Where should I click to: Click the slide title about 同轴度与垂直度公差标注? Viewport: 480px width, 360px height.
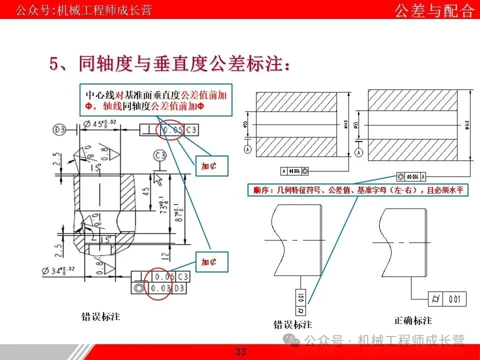coord(170,64)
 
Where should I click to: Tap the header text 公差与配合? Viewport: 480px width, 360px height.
coord(434,10)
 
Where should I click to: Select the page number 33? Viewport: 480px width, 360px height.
coord(240,351)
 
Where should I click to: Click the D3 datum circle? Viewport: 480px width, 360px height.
coord(59,130)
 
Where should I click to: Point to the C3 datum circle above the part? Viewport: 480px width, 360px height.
coord(160,155)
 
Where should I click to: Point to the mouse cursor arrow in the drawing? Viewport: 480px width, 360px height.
coord(159,179)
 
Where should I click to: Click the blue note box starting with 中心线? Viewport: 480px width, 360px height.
coord(156,100)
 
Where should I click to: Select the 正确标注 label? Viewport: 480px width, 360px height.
coord(412,320)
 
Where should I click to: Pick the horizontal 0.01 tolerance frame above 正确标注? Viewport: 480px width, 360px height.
coord(447,299)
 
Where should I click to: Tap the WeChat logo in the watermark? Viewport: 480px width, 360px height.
coord(292,340)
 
